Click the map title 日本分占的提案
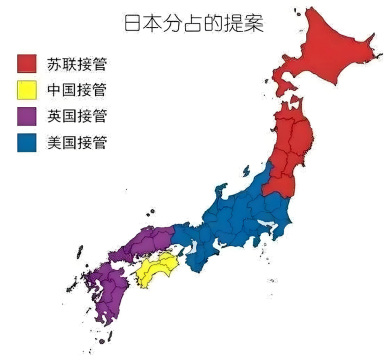194,24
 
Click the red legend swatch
26,64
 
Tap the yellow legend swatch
26,90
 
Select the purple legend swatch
26,116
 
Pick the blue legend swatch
26,142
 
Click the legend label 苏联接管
77,64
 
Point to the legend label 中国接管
77,90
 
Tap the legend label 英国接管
77,116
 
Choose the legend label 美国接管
77,142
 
